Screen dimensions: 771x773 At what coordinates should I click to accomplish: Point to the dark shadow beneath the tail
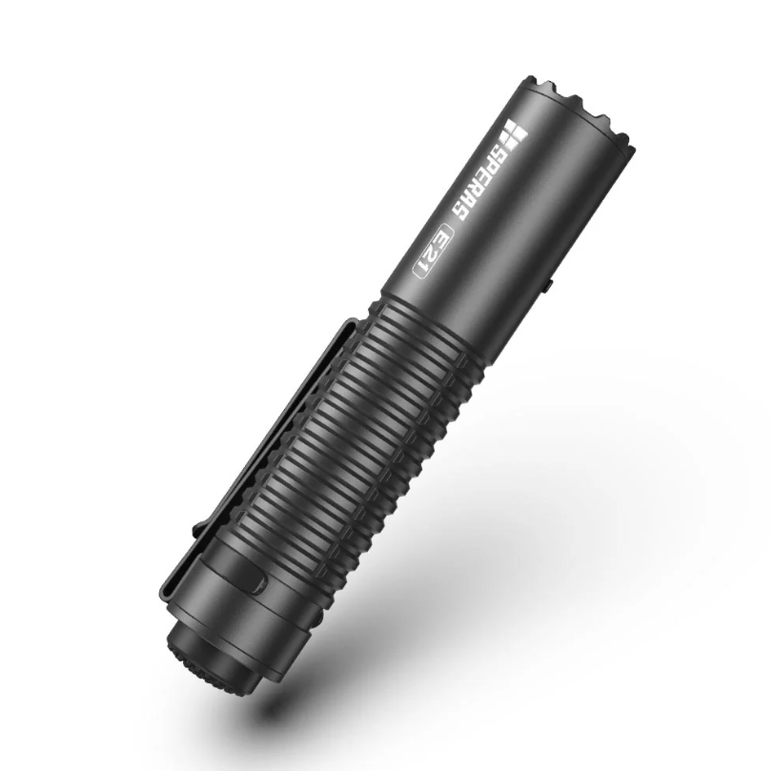click(x=286, y=705)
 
